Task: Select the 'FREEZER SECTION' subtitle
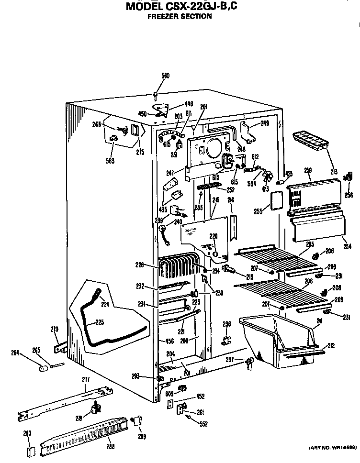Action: click(x=179, y=16)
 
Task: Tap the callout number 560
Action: click(x=165, y=76)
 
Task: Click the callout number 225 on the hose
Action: click(x=99, y=322)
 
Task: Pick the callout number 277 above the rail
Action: click(x=86, y=380)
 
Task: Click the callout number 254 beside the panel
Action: click(x=347, y=247)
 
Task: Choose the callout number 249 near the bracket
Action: click(x=265, y=123)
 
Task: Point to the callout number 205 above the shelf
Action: click(x=310, y=244)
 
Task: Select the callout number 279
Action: click(x=55, y=329)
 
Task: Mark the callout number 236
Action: click(x=226, y=324)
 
